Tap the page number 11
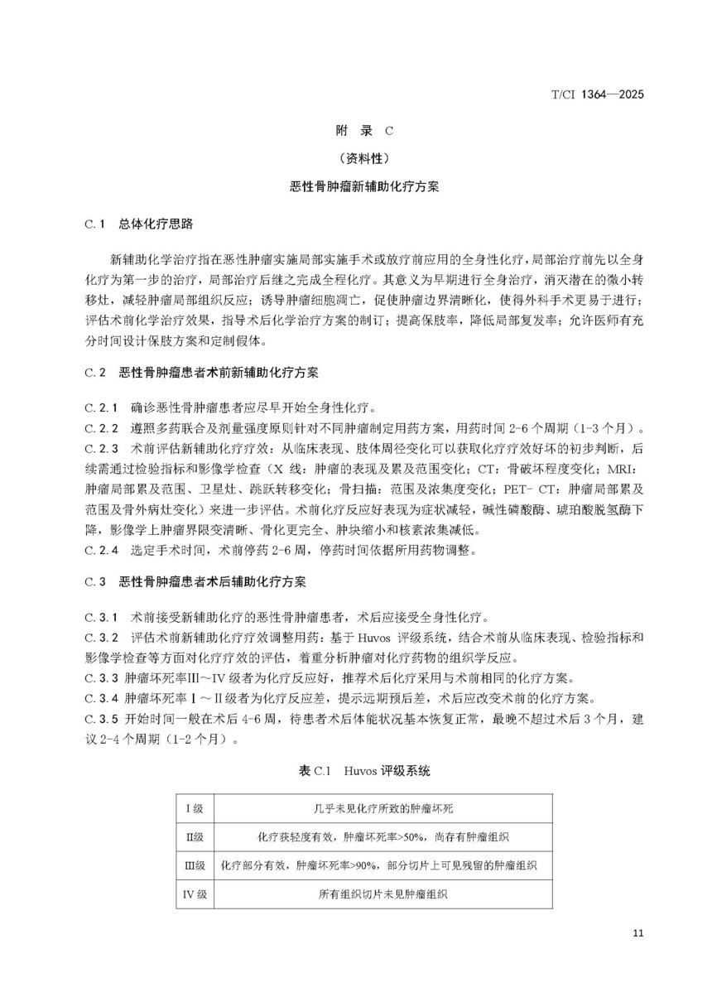637,933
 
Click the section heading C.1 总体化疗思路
140,224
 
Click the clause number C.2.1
103,408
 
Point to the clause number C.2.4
103,549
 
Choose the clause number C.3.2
103,637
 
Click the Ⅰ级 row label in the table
195,808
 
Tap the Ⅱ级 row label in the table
195,837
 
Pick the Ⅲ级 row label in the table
195,865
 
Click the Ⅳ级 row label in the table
195,894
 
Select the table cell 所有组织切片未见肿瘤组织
382,894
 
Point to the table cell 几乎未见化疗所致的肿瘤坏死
382,808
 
